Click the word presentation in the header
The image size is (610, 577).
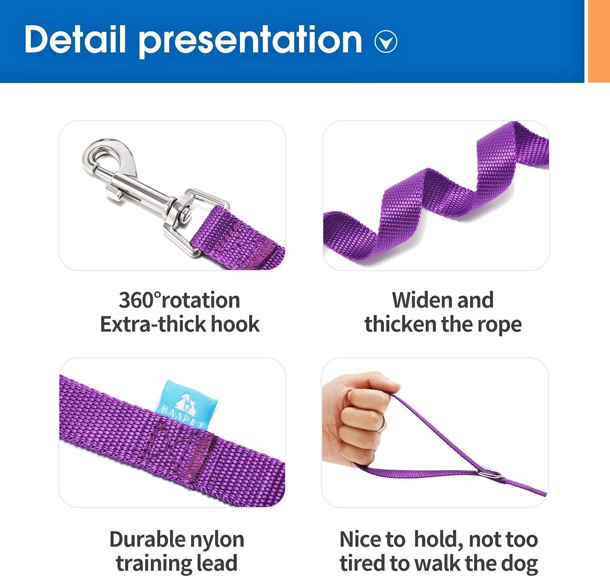[250, 41]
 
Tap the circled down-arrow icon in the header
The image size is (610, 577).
[386, 42]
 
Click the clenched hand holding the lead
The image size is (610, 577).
[358, 419]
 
